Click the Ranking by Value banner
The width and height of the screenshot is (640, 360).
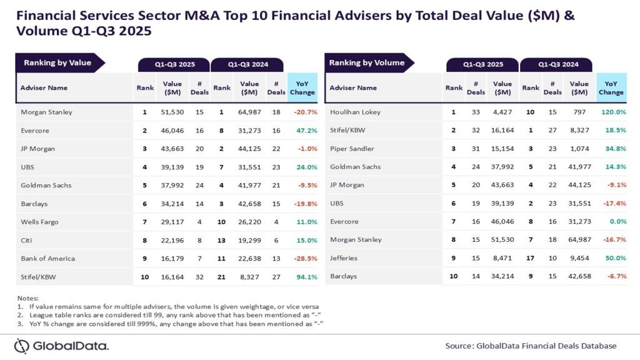point(57,62)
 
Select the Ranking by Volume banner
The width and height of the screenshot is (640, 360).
point(367,62)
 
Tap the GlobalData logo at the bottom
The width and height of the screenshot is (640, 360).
point(62,346)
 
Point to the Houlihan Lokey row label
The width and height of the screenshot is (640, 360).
point(355,112)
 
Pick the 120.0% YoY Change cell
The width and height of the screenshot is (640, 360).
point(612,112)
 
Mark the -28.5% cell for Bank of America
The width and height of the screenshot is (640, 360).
point(304,258)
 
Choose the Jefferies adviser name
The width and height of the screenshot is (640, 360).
point(344,257)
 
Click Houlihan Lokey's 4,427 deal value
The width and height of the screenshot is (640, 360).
point(502,112)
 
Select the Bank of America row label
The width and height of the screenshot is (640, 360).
point(47,258)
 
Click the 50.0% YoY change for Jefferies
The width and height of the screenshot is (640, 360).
point(614,257)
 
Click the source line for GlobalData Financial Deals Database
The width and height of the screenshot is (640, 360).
point(531,346)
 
